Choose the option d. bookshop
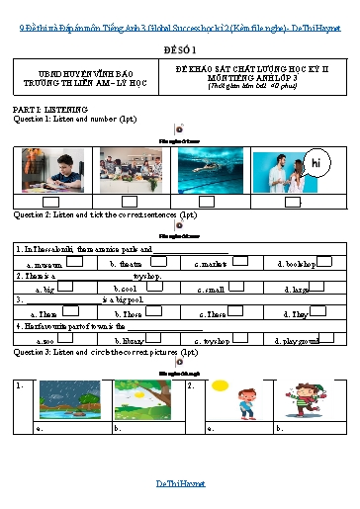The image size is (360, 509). pyautogui.click(x=297, y=264)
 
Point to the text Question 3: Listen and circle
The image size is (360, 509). pyautogui.click(x=59, y=352)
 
